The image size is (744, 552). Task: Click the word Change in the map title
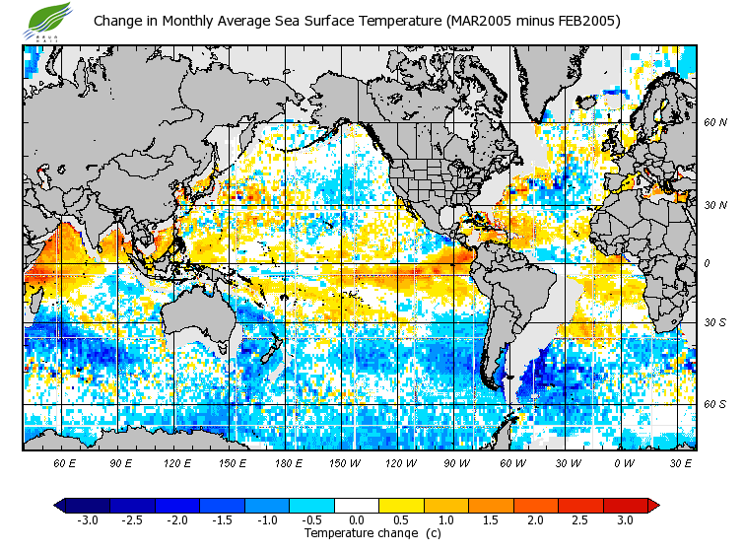(119, 21)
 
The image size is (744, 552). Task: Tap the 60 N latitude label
(714, 123)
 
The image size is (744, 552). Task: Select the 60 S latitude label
(714, 404)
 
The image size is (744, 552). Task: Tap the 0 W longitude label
(624, 462)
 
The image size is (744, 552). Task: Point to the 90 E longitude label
(121, 462)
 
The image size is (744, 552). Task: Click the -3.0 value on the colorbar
(86, 519)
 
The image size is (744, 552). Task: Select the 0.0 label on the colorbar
(357, 519)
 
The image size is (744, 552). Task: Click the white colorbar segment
(357, 505)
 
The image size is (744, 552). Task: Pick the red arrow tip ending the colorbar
(652, 505)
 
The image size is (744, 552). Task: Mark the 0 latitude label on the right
(707, 264)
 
